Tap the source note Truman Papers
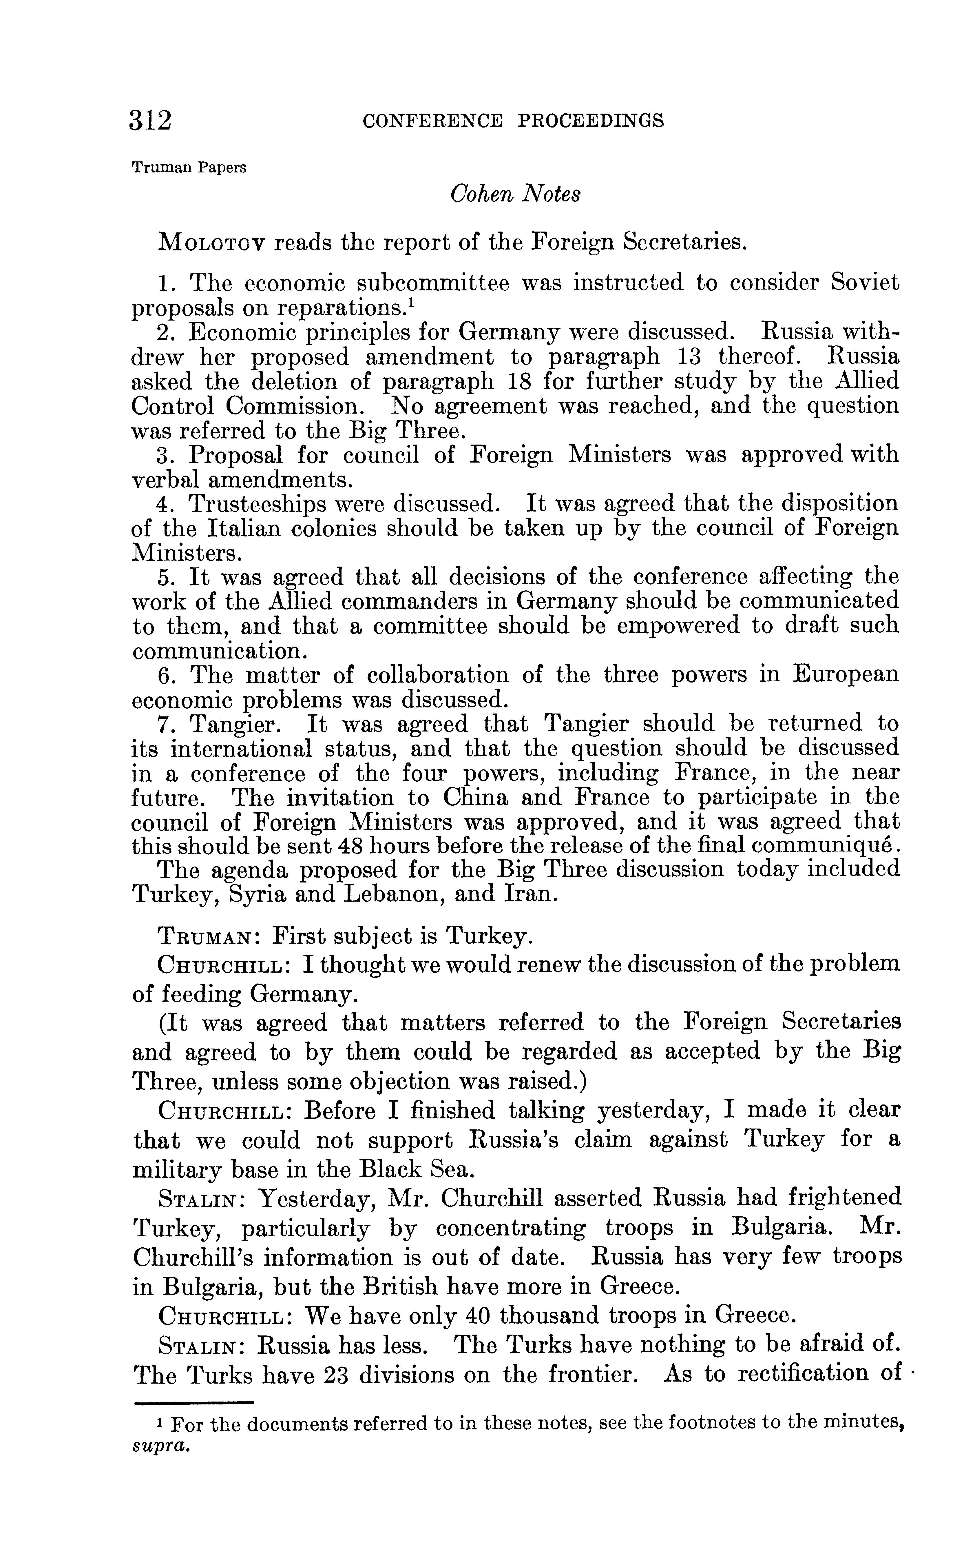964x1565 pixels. click(x=189, y=168)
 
